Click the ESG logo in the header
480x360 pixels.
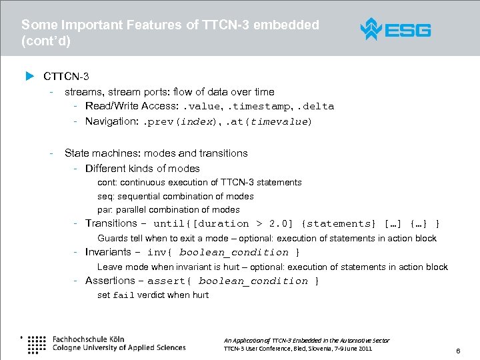[395, 29]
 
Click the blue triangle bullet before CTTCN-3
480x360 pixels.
[29, 76]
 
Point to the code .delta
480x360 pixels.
[316, 107]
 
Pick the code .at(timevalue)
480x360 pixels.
[269, 122]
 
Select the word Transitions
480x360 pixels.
[111, 223]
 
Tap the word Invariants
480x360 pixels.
[108, 252]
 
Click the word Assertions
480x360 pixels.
[110, 281]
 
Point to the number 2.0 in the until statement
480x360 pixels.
[281, 224]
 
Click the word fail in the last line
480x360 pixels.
[123, 295]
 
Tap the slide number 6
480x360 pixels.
[458, 350]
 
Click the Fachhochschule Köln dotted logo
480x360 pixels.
[36, 343]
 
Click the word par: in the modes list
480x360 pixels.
[105, 210]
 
